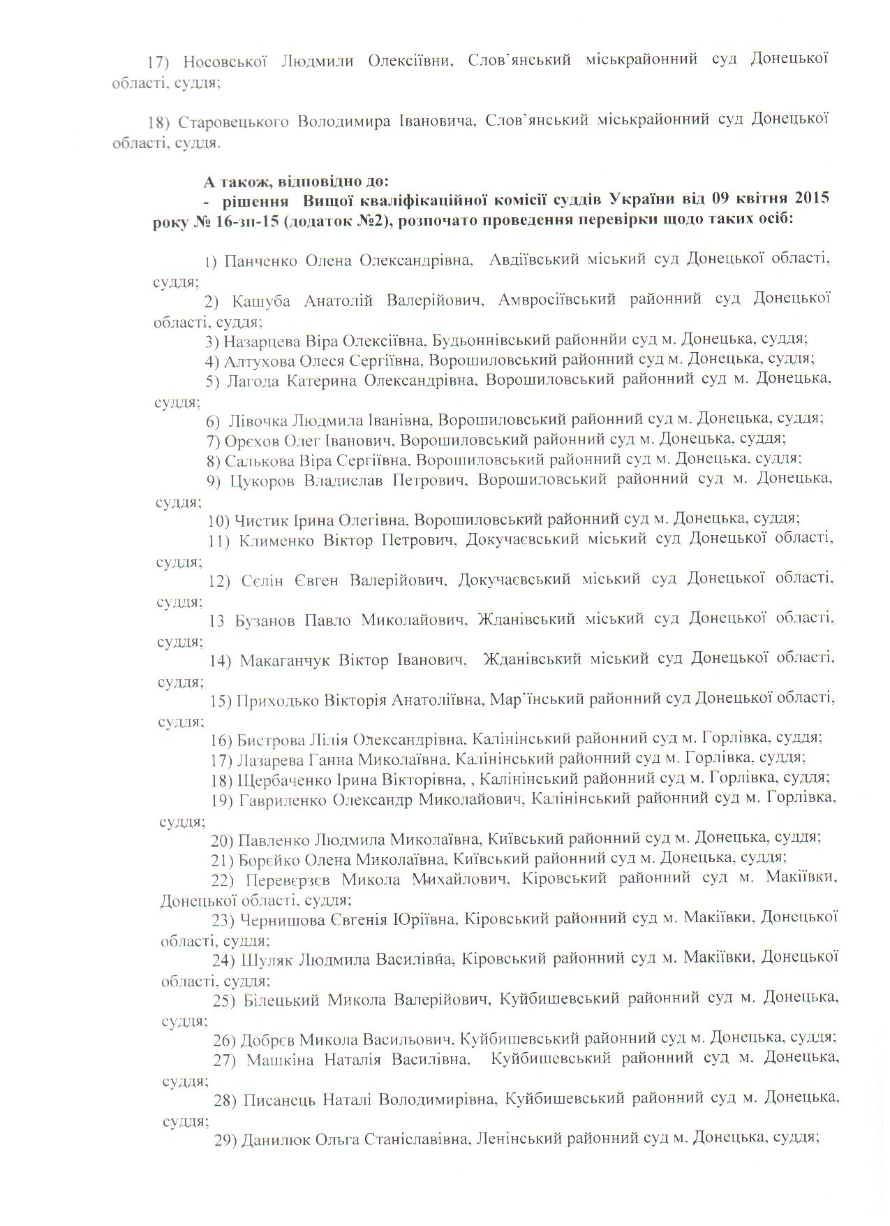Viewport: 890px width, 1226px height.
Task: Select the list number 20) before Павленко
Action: pos(222,838)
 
